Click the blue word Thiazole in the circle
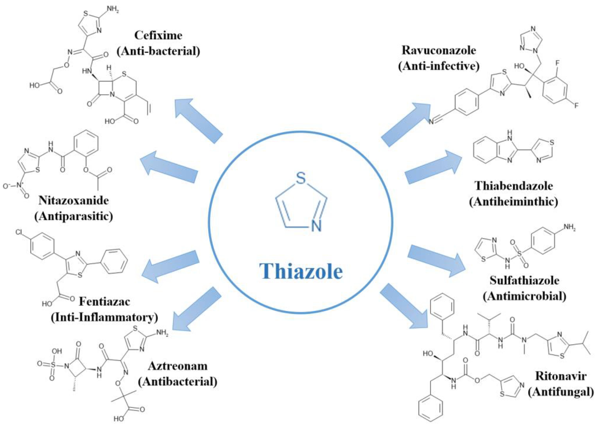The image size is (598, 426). (x=301, y=271)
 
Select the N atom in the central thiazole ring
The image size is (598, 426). (x=316, y=226)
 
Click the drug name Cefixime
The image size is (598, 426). (x=158, y=35)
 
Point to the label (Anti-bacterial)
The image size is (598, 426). (x=158, y=51)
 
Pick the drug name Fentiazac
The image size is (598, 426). (x=104, y=302)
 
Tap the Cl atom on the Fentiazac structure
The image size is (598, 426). (x=19, y=232)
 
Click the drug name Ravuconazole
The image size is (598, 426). (x=439, y=50)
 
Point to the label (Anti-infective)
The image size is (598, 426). (x=439, y=66)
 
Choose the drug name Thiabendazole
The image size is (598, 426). (x=514, y=186)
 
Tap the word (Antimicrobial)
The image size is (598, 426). (x=524, y=296)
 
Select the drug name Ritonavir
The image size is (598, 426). (x=561, y=376)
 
